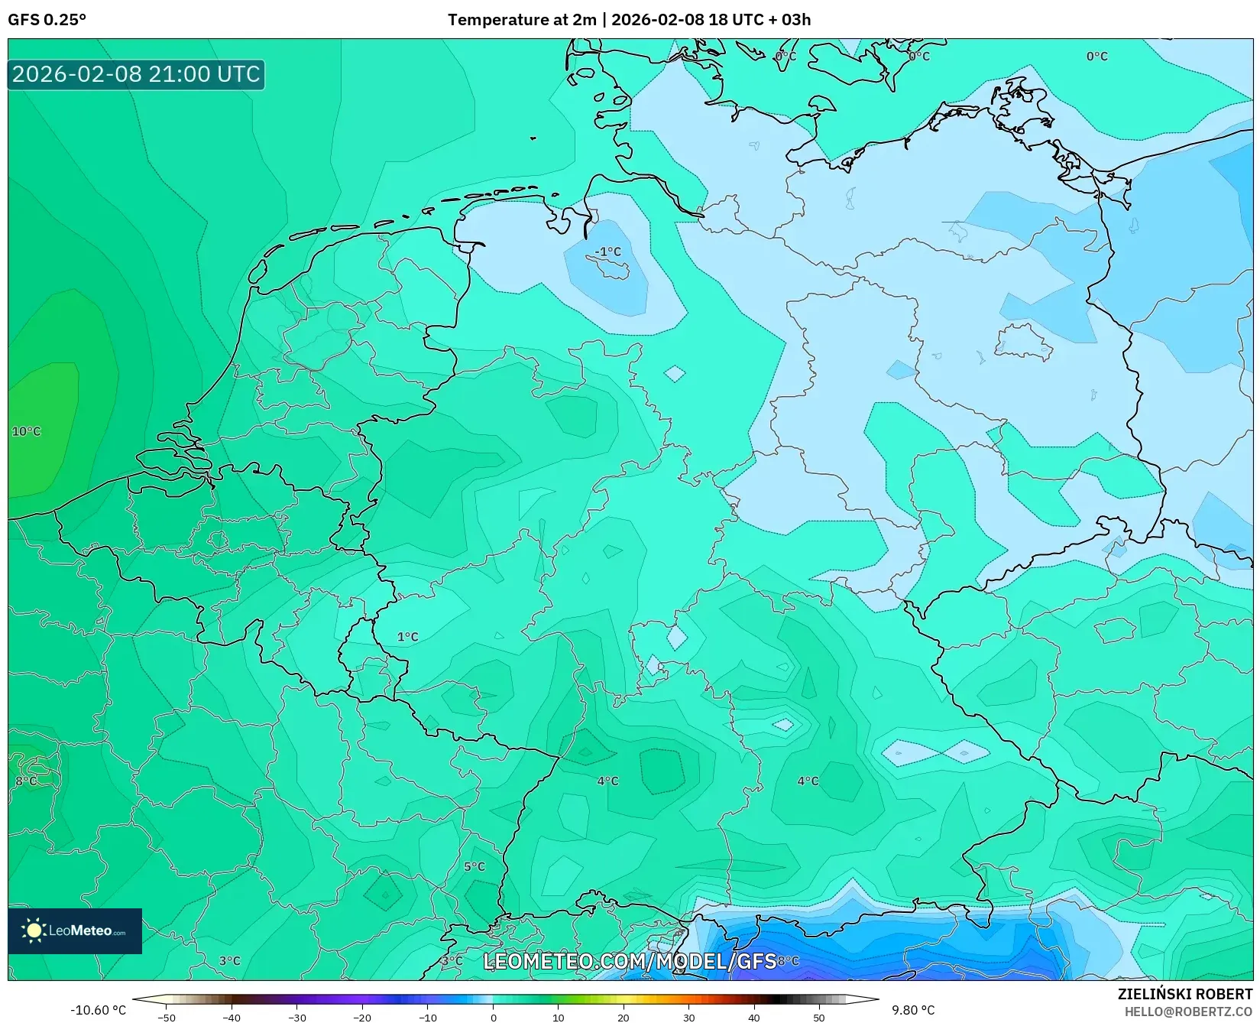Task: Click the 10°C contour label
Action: click(26, 431)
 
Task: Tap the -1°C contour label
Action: click(608, 252)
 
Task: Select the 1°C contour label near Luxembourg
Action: click(407, 636)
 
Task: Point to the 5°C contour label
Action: click(475, 866)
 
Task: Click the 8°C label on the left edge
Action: click(26, 781)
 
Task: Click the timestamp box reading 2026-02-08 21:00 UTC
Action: click(136, 74)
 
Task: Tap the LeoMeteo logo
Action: click(75, 930)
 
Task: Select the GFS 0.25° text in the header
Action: click(47, 19)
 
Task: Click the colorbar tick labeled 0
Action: click(494, 1017)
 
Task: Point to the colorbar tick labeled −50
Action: click(166, 1017)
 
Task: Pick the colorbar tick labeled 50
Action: click(819, 1017)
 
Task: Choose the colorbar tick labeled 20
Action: click(624, 1017)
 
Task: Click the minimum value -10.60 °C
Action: click(98, 1010)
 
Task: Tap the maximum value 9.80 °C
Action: click(913, 1010)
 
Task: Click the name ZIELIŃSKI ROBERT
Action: click(1185, 994)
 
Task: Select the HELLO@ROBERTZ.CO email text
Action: click(1188, 1012)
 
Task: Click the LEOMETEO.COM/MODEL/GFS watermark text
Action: click(630, 961)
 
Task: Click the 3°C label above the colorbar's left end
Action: click(229, 960)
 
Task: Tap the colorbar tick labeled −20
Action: click(362, 1017)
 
